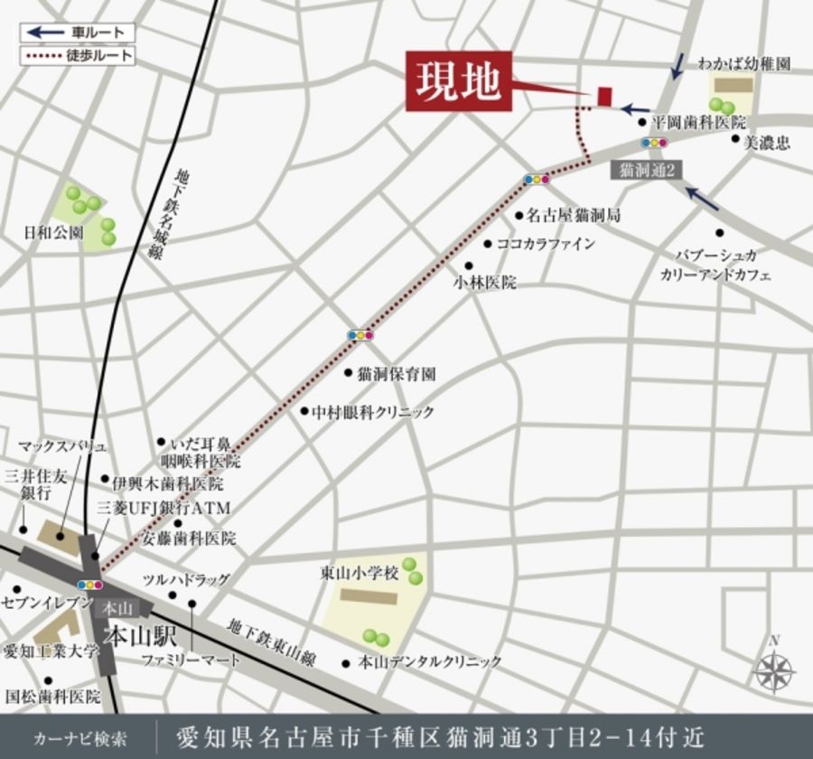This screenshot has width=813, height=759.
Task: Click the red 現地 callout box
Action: (459, 81)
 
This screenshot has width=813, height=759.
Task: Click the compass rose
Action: (773, 670)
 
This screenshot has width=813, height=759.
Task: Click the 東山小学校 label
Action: (359, 573)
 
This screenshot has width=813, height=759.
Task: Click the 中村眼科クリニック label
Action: (373, 412)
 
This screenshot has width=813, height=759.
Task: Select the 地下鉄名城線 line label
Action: (190, 213)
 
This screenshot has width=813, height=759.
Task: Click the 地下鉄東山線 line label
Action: (270, 642)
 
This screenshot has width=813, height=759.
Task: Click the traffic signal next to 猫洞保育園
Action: (360, 335)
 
